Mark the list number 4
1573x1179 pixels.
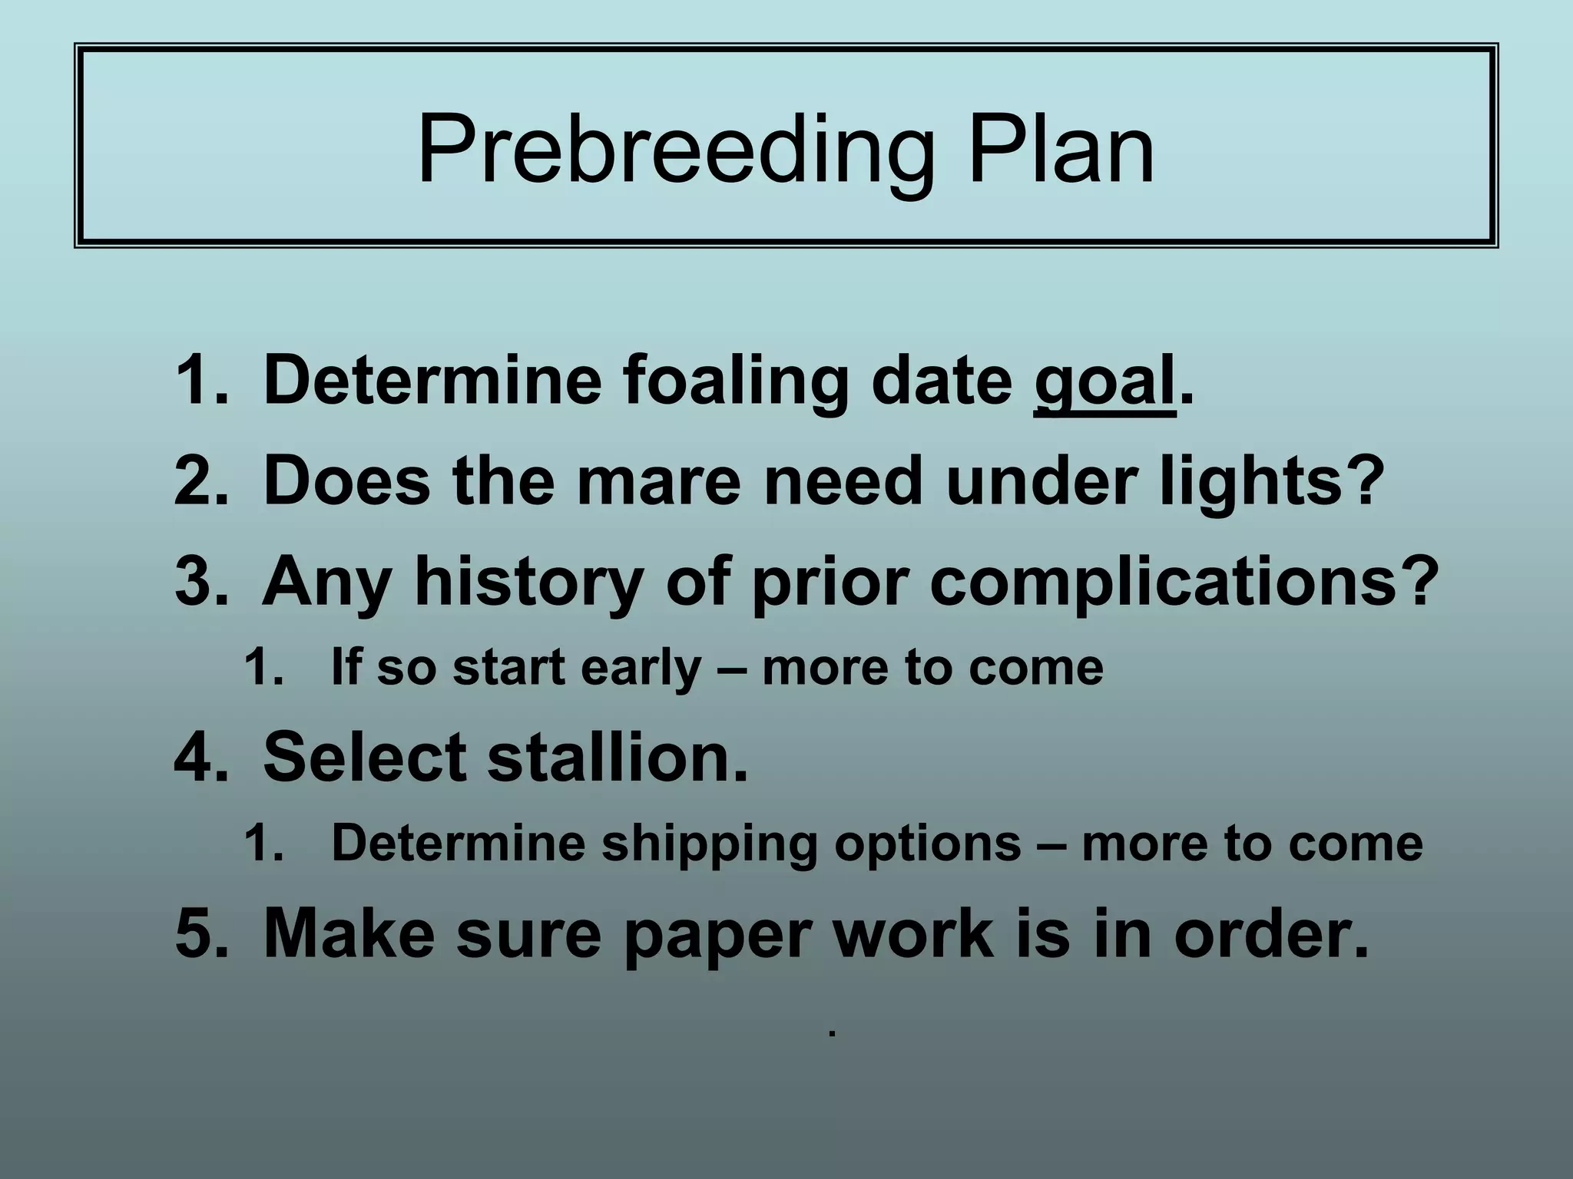click(x=196, y=758)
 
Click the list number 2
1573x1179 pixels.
click(x=196, y=481)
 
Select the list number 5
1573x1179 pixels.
click(x=196, y=935)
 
